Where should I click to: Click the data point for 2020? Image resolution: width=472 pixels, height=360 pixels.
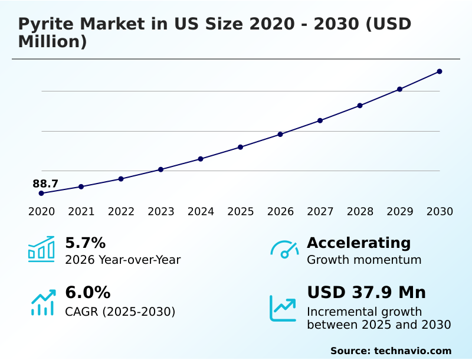click(x=41, y=193)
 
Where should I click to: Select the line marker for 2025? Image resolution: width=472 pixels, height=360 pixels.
click(x=241, y=147)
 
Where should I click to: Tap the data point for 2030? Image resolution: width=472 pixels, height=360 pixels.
click(x=440, y=71)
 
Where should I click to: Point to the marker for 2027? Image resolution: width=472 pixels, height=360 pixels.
click(x=320, y=120)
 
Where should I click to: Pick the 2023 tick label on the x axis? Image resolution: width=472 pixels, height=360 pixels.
click(x=161, y=212)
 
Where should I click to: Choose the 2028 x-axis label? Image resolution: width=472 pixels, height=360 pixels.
click(x=360, y=212)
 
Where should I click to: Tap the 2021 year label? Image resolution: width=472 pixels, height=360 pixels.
click(x=81, y=212)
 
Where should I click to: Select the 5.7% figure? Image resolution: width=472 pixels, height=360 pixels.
click(x=85, y=243)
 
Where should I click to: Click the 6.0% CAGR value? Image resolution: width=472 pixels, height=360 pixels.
click(x=87, y=293)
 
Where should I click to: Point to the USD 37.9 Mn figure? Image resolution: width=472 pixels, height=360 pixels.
click(x=366, y=293)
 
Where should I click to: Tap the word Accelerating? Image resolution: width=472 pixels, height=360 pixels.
click(x=359, y=243)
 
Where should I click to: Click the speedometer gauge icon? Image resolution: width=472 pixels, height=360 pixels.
click(x=284, y=250)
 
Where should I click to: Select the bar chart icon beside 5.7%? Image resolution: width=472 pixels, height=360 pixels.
click(x=41, y=250)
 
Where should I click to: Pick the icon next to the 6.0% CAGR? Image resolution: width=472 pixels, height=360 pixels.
click(x=42, y=302)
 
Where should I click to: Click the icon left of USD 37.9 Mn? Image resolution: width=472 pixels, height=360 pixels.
click(x=283, y=307)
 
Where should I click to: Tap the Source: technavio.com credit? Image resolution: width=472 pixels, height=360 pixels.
click(x=391, y=351)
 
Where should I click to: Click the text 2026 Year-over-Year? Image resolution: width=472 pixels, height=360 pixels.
click(x=123, y=260)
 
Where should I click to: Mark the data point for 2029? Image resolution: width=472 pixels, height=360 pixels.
click(x=399, y=89)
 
